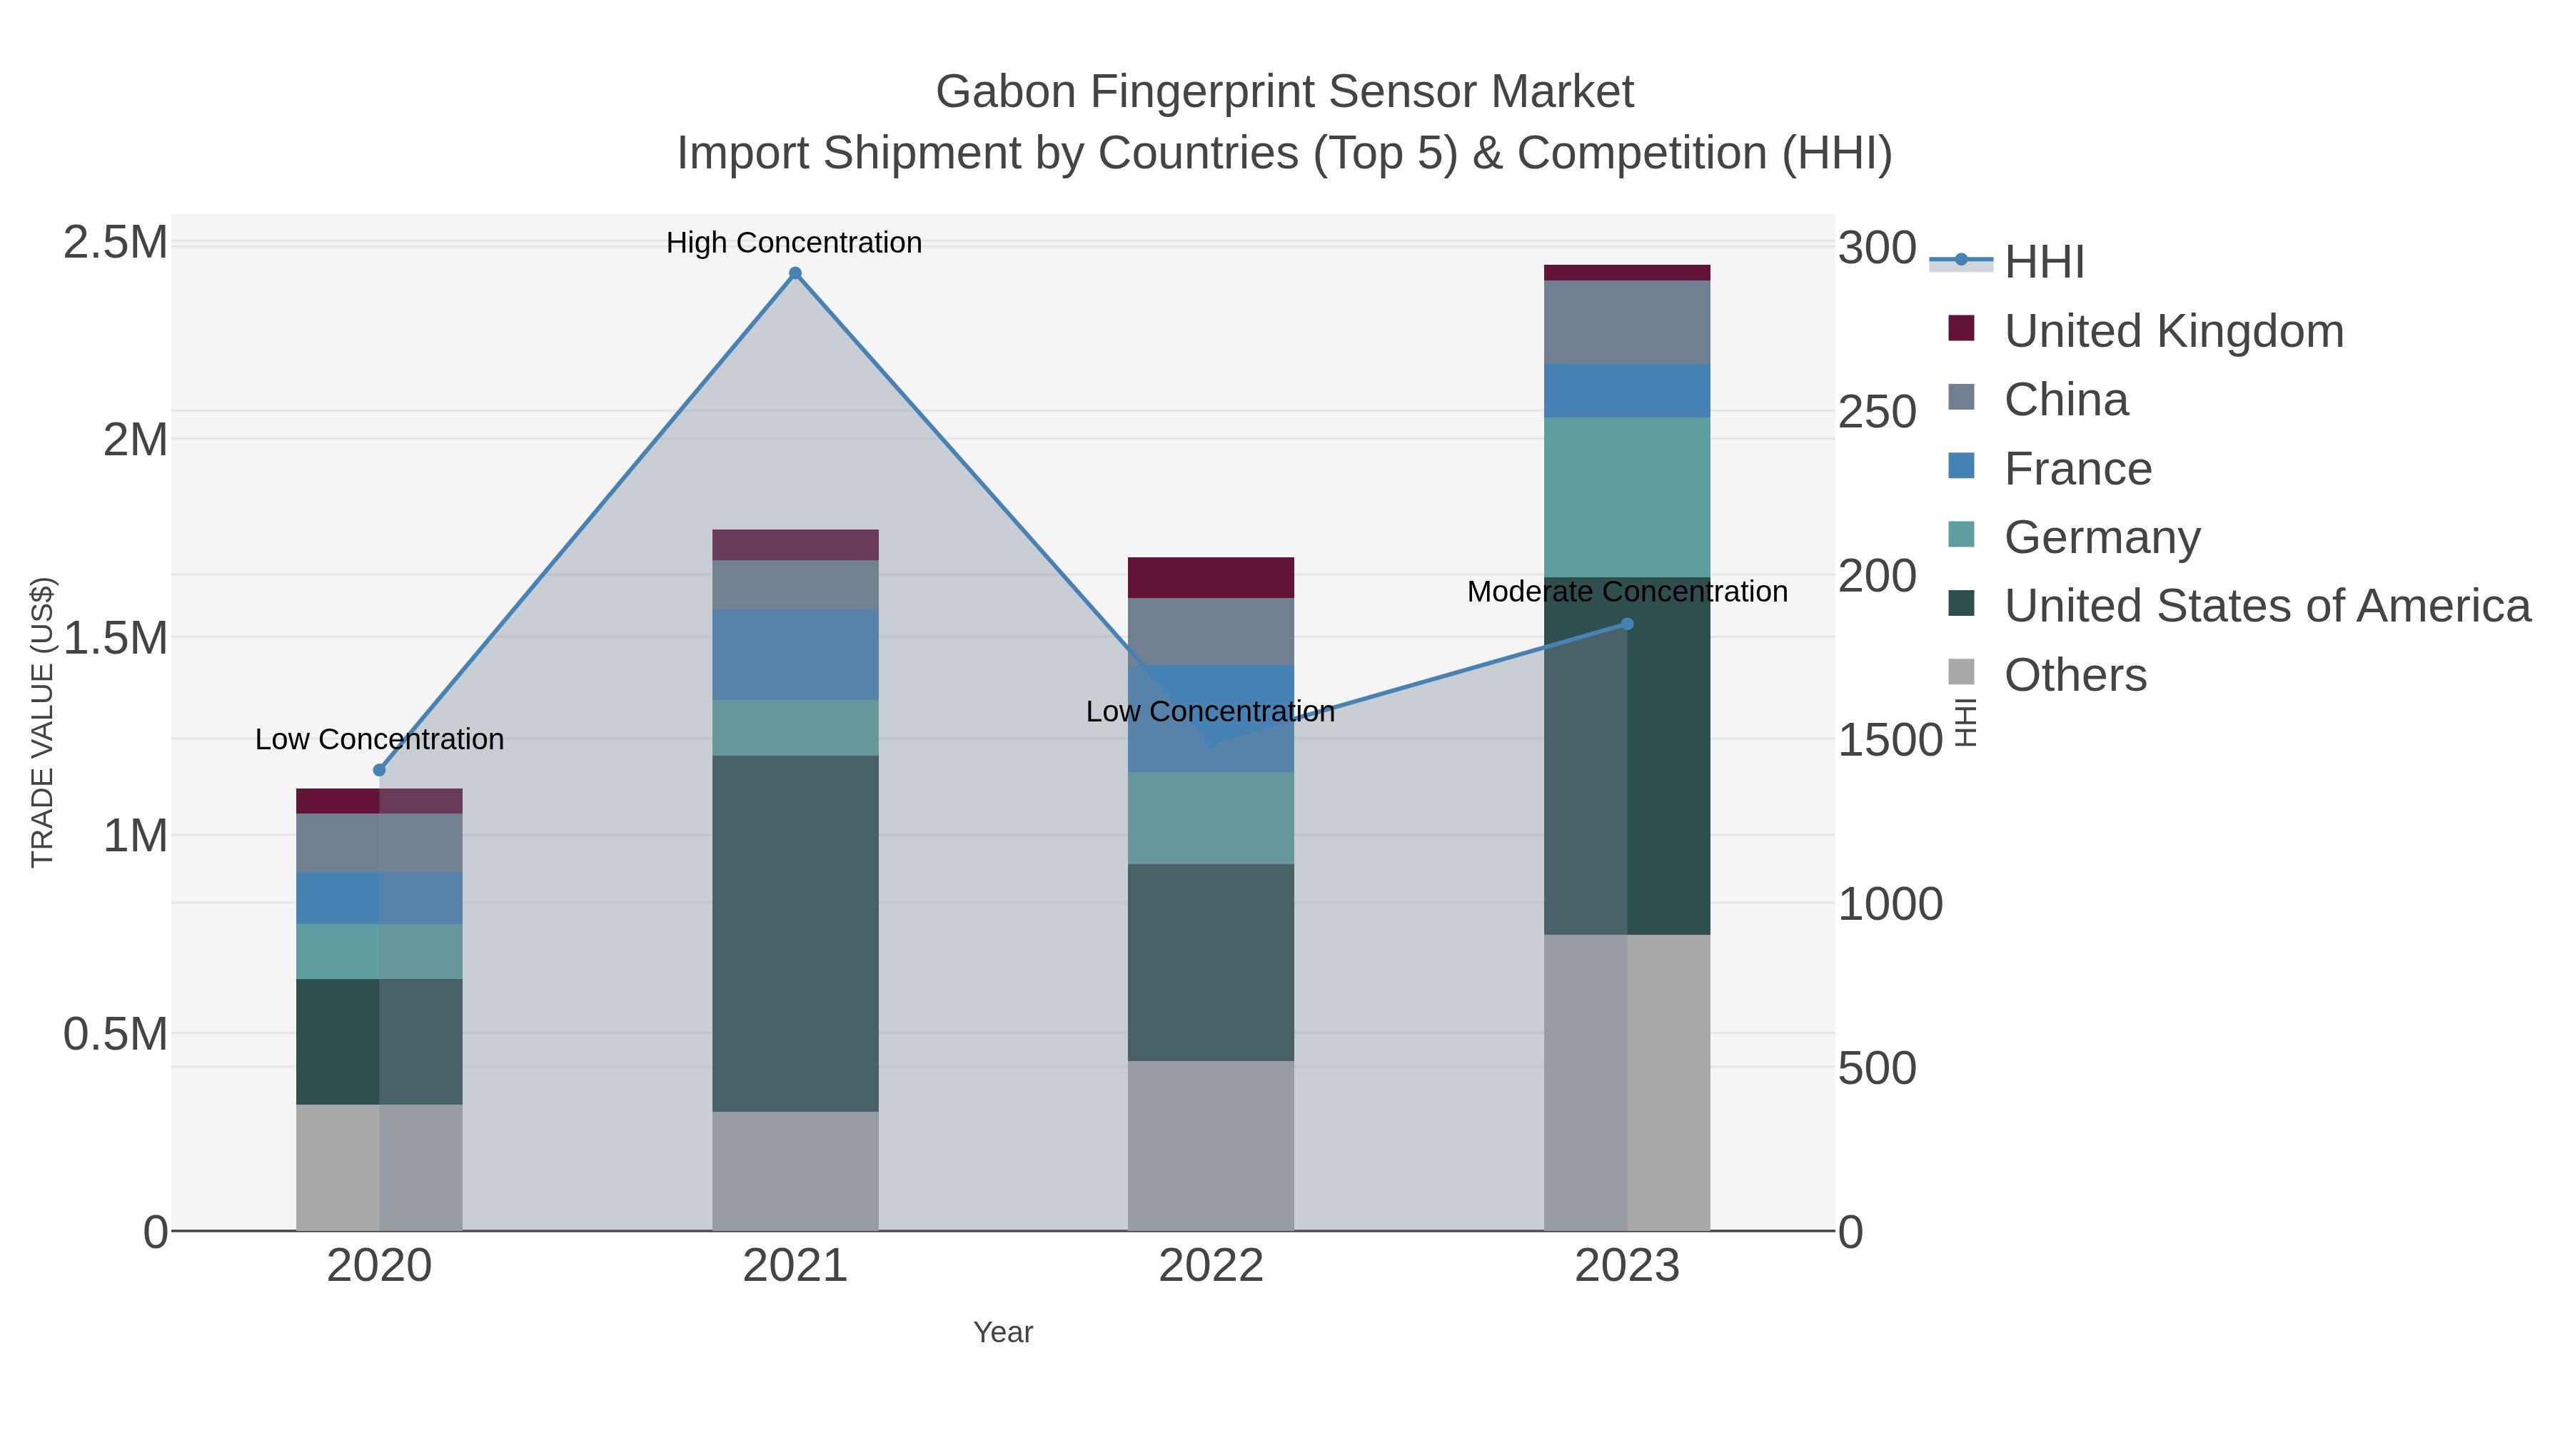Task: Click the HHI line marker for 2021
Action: click(795, 273)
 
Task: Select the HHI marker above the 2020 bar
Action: click(379, 770)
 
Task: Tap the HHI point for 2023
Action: click(1627, 624)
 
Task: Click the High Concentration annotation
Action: click(794, 243)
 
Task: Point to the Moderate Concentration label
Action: click(1627, 592)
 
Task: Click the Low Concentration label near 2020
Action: click(379, 740)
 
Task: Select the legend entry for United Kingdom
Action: click(2174, 331)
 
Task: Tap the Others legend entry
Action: click(2075, 675)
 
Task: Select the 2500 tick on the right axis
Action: click(1877, 413)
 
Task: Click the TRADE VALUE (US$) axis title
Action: click(42, 722)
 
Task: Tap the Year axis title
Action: click(1003, 1332)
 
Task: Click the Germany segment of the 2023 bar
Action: click(1627, 497)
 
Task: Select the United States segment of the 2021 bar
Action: click(795, 933)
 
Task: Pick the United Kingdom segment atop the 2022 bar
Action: click(1211, 577)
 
